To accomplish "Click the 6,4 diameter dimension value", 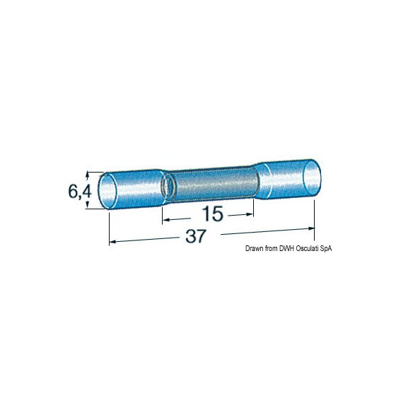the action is click(80, 192).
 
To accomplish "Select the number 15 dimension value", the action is click(213, 214).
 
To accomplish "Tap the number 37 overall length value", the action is click(196, 236).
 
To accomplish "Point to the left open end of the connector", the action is click(107, 191).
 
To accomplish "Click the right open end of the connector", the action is click(312, 178).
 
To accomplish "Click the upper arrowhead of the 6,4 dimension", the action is click(88, 174).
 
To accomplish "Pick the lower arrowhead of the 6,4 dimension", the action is click(88, 205).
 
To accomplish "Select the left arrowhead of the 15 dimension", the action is click(165, 220).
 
